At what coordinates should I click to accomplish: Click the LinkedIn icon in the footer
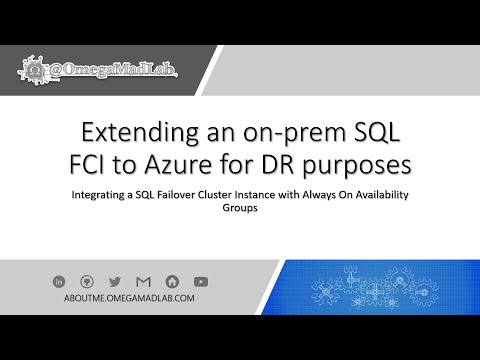[x=63, y=281]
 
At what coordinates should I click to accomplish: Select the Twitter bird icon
[x=114, y=281]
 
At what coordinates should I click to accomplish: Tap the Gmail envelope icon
[x=143, y=281]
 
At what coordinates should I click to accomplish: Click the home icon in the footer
[x=172, y=281]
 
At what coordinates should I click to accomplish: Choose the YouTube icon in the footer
[x=201, y=281]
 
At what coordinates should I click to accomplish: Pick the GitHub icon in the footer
[x=88, y=281]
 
